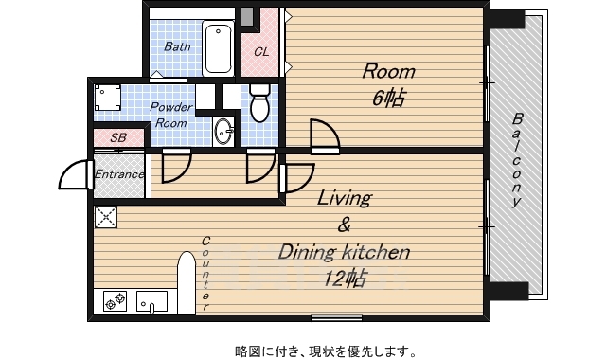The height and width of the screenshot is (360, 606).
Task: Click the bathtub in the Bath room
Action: click(x=219, y=48)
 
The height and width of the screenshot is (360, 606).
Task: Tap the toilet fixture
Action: click(x=259, y=103)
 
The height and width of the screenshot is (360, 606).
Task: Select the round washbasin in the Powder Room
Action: click(x=223, y=132)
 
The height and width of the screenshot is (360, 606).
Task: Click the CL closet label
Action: click(x=261, y=52)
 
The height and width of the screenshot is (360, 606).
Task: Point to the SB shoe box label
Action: click(x=118, y=137)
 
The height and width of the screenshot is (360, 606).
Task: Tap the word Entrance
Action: click(x=119, y=174)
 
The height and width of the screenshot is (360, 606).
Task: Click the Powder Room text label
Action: click(x=170, y=115)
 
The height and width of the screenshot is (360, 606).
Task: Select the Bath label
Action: click(x=177, y=46)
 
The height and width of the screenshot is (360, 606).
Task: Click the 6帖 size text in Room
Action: click(x=388, y=98)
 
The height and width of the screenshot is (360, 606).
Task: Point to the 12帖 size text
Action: click(x=344, y=278)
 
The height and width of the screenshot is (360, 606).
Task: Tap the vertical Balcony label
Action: click(x=517, y=160)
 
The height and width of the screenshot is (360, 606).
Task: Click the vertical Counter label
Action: click(x=205, y=274)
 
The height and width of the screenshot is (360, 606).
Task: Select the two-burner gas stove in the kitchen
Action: click(x=116, y=301)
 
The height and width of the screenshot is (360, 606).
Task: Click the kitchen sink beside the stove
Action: click(x=151, y=301)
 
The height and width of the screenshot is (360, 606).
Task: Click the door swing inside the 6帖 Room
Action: click(x=326, y=135)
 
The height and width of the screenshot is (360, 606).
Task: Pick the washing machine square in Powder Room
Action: click(x=107, y=98)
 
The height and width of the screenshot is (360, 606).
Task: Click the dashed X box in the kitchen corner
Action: click(x=106, y=217)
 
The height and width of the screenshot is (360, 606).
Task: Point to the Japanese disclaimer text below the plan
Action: click(x=326, y=351)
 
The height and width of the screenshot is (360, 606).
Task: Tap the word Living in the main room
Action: click(x=344, y=198)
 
